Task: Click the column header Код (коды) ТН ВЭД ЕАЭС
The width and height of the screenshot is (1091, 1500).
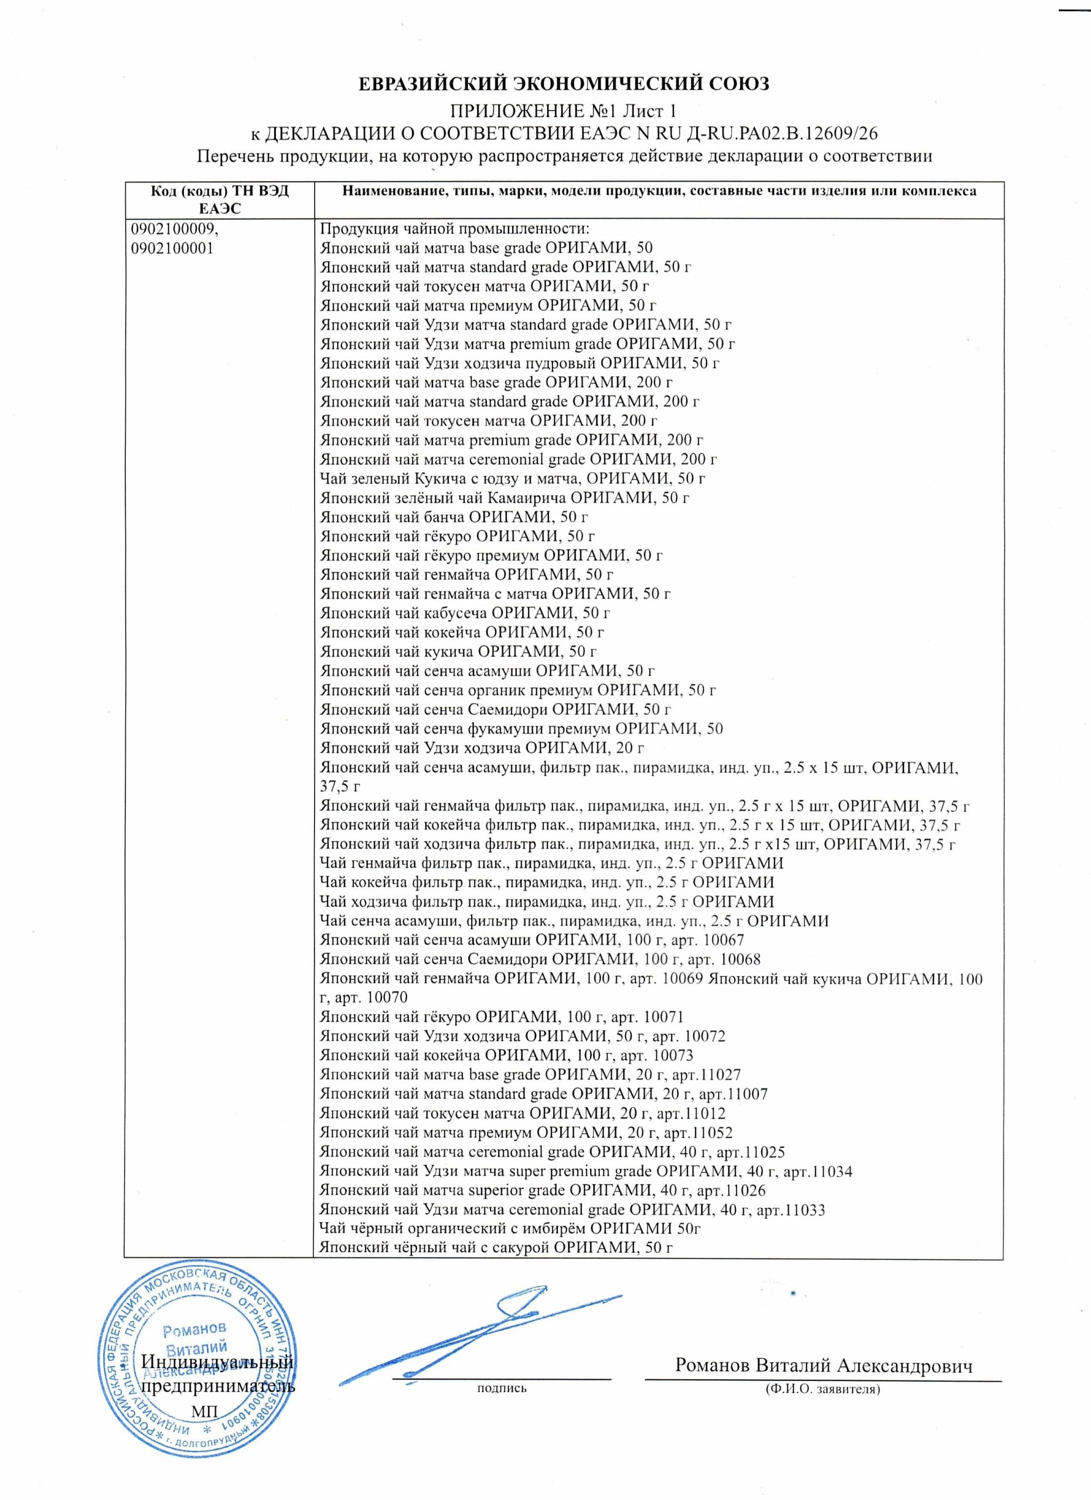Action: [x=219, y=199]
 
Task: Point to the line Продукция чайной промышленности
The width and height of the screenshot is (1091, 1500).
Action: [x=454, y=229]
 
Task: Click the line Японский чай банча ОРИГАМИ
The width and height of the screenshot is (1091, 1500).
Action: [x=454, y=517]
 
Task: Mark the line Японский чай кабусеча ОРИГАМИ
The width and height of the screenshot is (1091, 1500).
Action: [x=464, y=613]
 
